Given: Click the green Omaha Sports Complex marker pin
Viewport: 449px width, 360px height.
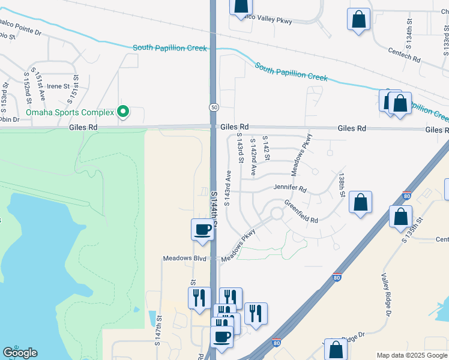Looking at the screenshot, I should point(123,112).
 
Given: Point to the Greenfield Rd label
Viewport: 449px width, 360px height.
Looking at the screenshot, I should point(301,212).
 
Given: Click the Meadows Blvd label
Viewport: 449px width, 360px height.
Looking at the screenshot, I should point(185,259).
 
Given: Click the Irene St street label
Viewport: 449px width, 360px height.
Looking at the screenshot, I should point(59,86).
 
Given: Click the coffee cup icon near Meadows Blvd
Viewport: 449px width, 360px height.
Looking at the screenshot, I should point(202,230).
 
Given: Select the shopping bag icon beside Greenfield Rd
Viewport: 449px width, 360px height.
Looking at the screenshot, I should point(360,203).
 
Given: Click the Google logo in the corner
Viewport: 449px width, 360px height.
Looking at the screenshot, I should point(20,353).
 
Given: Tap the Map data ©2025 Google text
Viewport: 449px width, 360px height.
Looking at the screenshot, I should point(412,355).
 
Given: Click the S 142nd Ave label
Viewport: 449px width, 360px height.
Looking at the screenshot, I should point(253,158).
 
